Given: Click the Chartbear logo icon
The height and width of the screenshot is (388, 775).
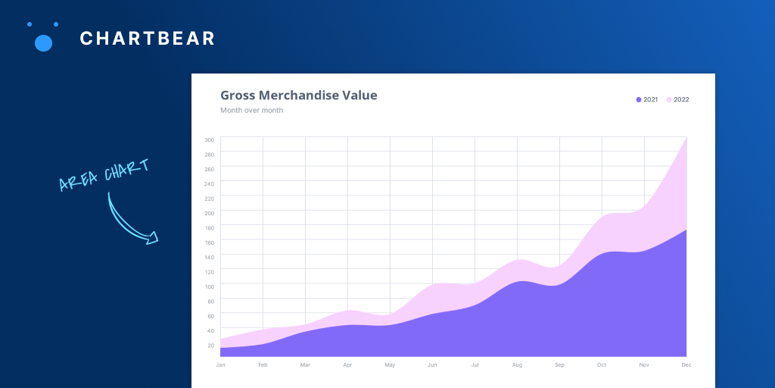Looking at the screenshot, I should (43, 37).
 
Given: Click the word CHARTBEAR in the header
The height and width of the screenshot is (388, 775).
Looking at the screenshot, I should (148, 38).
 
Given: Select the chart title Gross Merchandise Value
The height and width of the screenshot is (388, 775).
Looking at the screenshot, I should (298, 95).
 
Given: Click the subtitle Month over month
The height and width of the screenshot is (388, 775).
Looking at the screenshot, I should (251, 111).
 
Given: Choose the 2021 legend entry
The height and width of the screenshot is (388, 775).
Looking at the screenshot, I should (647, 99).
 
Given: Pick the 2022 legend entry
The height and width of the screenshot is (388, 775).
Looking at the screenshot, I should (678, 99).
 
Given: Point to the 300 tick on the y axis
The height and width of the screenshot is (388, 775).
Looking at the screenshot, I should (209, 139).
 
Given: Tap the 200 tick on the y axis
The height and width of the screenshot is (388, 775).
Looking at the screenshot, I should (209, 213).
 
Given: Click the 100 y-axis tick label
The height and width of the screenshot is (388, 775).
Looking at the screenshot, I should (209, 286).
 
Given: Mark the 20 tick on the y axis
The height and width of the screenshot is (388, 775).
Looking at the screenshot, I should (210, 345).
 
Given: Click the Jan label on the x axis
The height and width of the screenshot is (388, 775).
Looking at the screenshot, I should (220, 365).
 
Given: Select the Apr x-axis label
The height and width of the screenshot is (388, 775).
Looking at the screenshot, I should (347, 365).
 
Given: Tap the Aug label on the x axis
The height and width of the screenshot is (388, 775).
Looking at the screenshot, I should (517, 365).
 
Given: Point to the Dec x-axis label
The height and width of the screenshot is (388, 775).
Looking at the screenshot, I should (686, 365).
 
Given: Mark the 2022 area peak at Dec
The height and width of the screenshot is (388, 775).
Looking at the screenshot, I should (686, 138).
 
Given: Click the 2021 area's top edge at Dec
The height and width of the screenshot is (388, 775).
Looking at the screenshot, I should (686, 230).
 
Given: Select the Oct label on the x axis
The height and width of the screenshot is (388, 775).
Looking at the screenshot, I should (602, 365).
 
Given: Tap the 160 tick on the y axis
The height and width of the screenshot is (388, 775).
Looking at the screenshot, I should (209, 242).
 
